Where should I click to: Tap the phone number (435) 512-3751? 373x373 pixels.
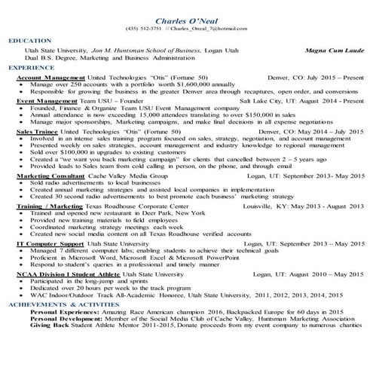tap(144, 29)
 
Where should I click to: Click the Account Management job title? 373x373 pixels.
tap(50, 77)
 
